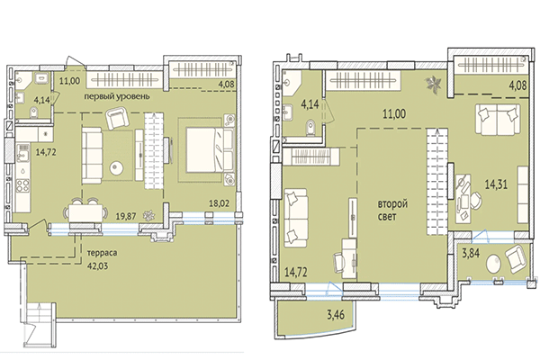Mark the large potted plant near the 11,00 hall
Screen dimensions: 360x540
(x=435, y=85)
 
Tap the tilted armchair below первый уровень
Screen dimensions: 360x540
(x=118, y=117)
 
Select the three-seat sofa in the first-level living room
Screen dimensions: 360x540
(x=94, y=149)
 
